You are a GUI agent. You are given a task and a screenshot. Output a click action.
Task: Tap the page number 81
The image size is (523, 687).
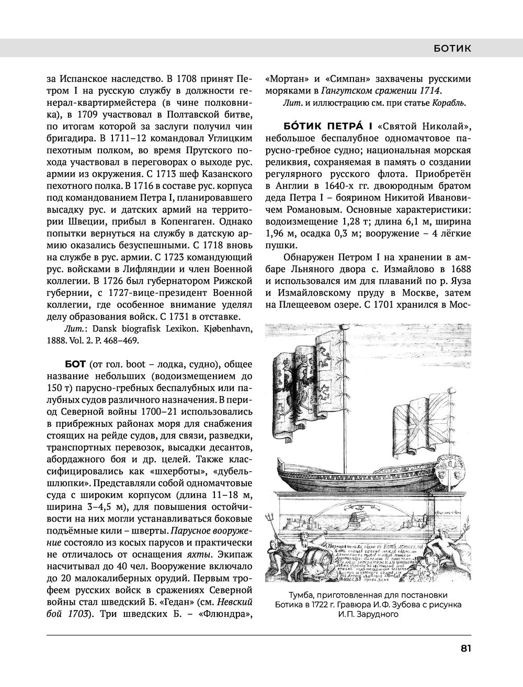pyautogui.click(x=465, y=648)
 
